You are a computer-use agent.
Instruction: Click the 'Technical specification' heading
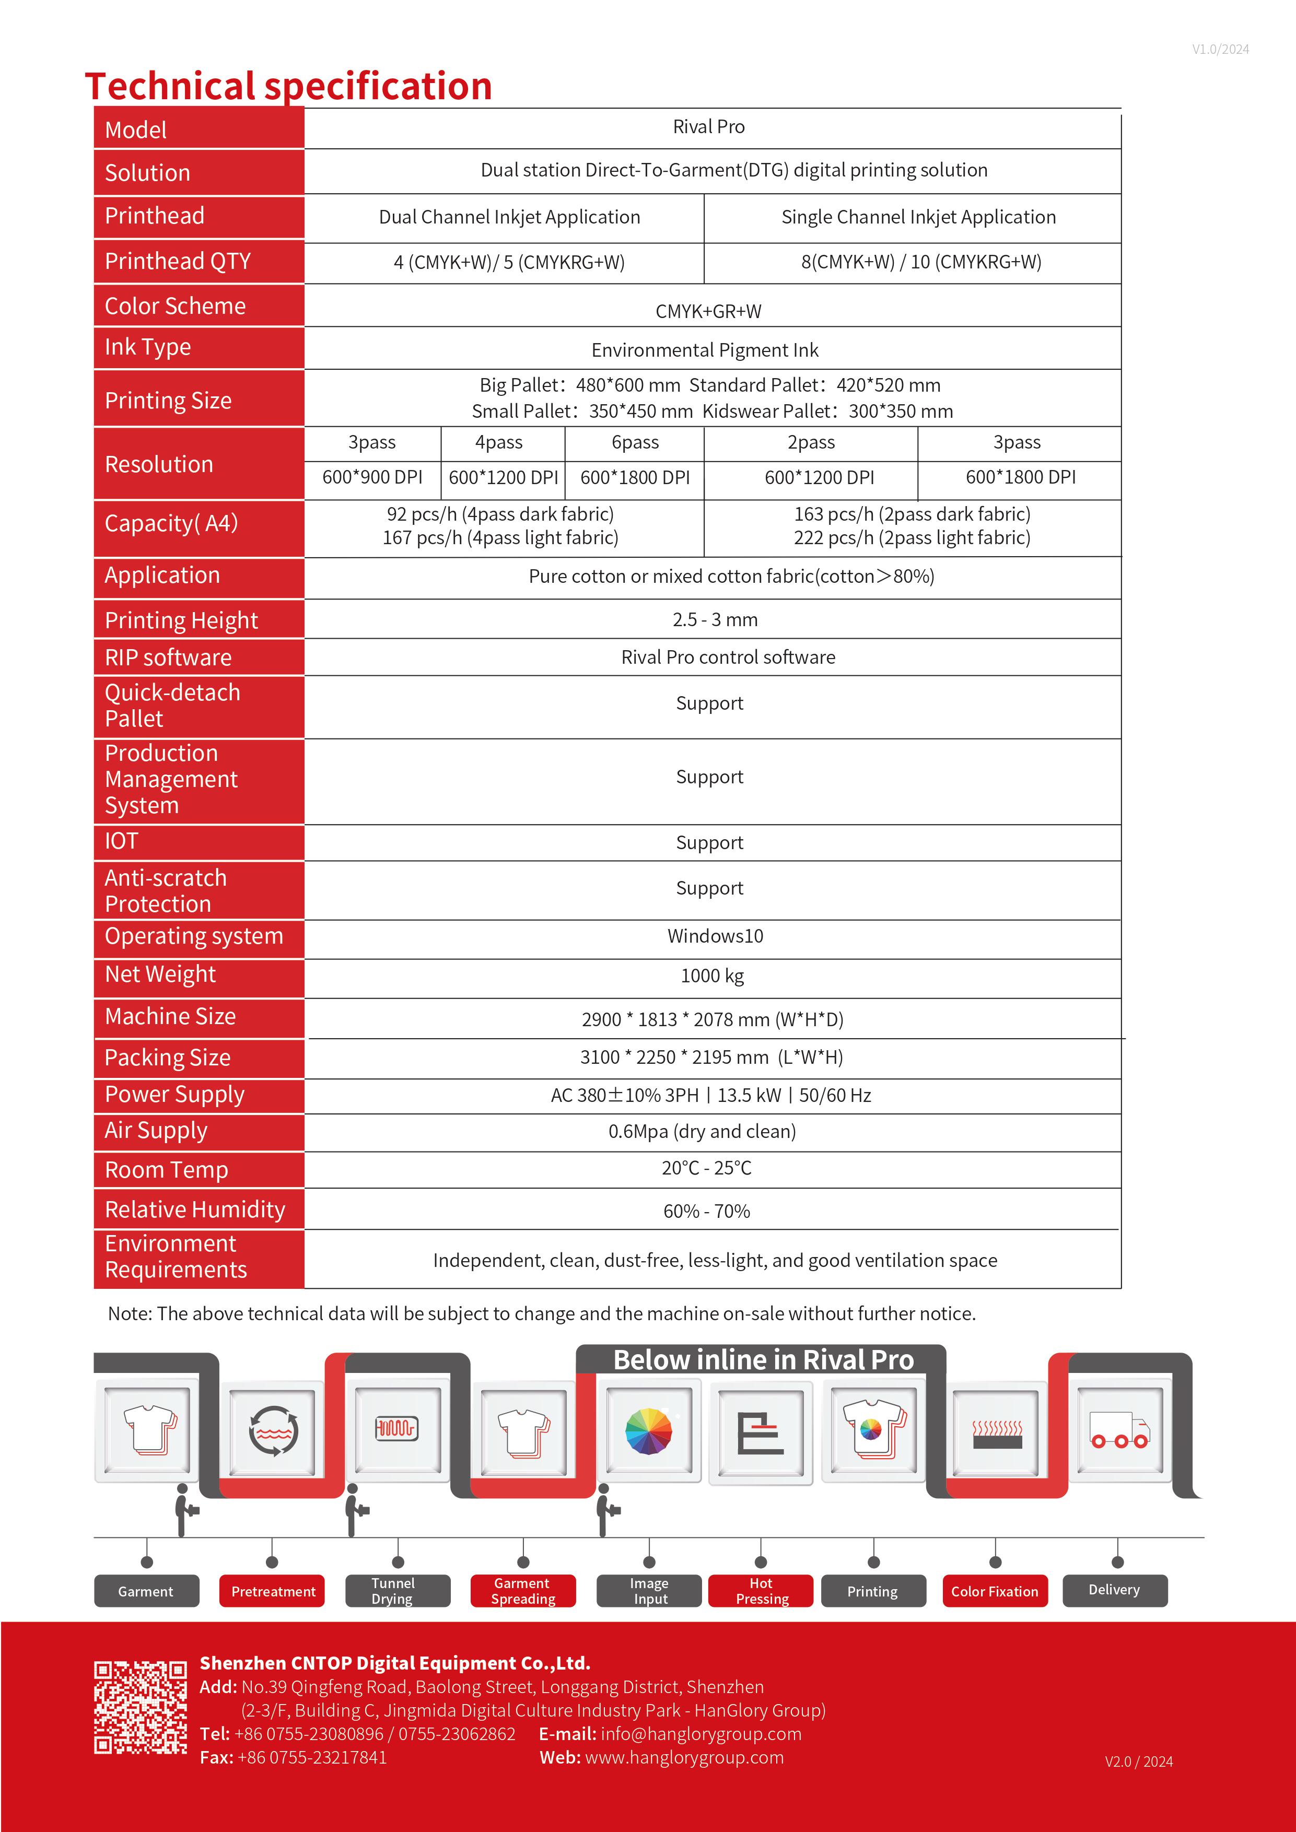coord(288,86)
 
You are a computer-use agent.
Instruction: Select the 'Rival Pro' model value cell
coord(709,127)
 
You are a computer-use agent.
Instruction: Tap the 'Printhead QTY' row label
coord(178,261)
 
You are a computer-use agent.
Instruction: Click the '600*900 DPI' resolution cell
coord(372,477)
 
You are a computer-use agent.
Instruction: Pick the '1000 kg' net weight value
coord(712,976)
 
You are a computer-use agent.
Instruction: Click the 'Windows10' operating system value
coord(715,936)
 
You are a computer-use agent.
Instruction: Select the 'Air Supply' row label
coord(156,1131)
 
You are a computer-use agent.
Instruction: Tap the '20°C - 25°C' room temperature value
coord(706,1168)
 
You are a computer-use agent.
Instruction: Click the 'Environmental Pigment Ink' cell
coord(705,350)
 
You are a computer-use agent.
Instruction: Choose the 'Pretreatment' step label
coord(273,1591)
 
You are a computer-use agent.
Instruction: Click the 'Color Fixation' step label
coord(995,1591)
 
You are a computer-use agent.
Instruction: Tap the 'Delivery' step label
coord(1114,1590)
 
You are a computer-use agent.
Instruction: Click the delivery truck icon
coord(1119,1430)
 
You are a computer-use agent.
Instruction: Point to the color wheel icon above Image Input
coord(649,1430)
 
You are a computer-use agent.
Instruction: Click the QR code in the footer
coord(141,1708)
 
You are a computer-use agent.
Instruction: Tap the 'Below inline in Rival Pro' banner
coord(763,1359)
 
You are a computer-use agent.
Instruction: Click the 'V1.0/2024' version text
coord(1220,50)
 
